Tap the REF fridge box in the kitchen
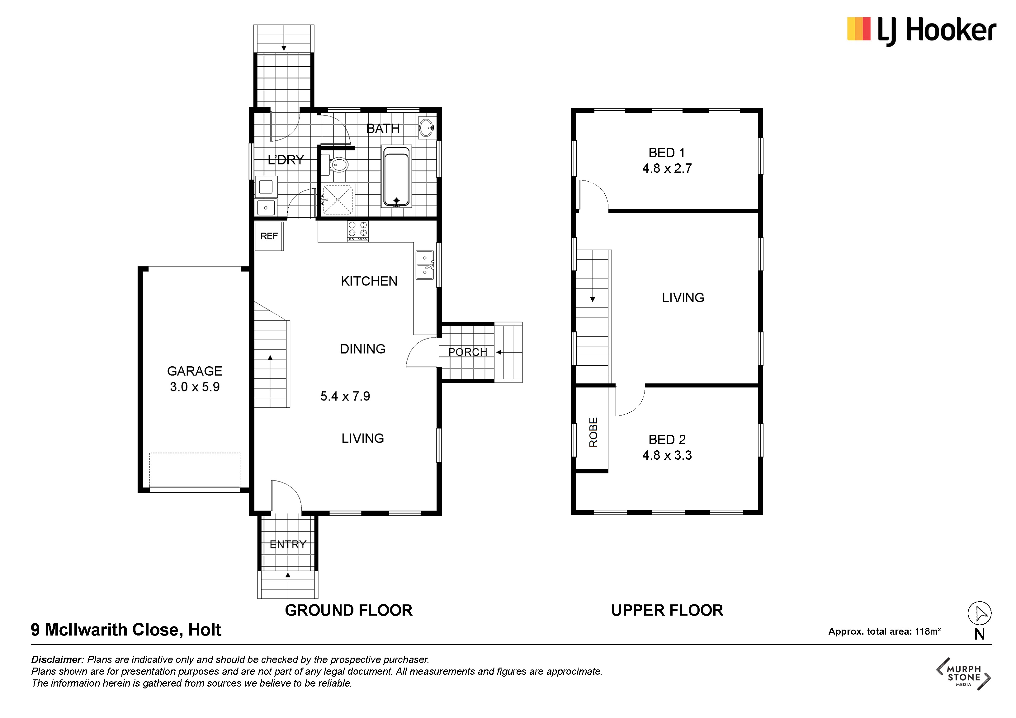point(269,236)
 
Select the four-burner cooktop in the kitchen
point(357,231)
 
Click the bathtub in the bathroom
point(396,176)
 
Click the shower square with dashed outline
point(337,200)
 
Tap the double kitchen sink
point(425,265)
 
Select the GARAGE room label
point(195,371)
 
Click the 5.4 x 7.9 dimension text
point(345,396)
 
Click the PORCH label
point(468,352)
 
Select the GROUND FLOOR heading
point(349,610)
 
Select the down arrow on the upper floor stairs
point(593,299)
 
